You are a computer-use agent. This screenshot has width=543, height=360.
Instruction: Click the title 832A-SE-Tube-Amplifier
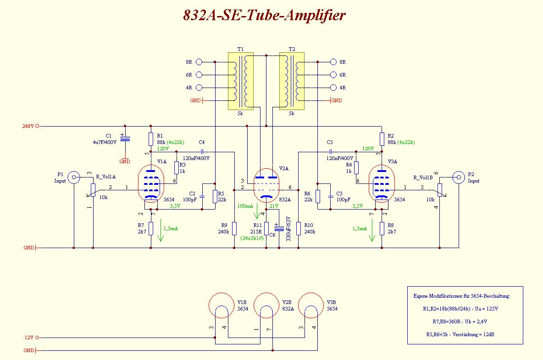pos(264,16)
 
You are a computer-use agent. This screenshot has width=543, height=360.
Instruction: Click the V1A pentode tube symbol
pos(151,183)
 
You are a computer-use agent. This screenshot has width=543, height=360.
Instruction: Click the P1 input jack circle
pos(73,177)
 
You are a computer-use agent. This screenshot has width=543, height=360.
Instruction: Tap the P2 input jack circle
pos(458,177)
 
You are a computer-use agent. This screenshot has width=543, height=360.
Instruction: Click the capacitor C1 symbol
pos(124,138)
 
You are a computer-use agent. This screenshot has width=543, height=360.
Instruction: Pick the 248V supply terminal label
pos(28,126)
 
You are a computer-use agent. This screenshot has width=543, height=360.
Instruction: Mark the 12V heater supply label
pos(28,338)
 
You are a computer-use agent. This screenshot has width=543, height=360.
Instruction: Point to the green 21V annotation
pos(274,206)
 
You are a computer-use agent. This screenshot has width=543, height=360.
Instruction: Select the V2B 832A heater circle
pos(266,305)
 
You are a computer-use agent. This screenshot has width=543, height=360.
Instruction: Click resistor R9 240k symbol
pos(234,228)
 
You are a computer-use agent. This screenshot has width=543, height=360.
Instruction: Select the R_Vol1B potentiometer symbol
pos(439,189)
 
